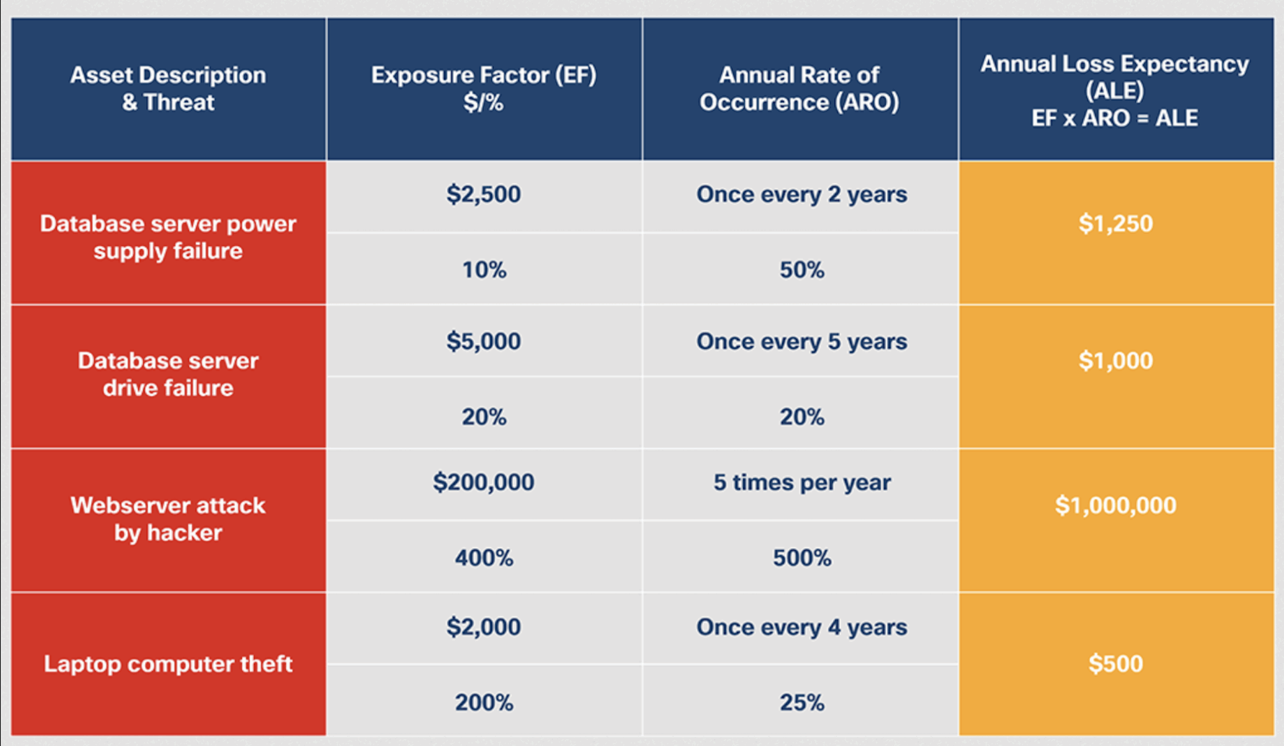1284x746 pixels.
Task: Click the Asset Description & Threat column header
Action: click(168, 88)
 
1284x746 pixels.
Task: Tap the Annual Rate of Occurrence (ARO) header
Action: click(799, 88)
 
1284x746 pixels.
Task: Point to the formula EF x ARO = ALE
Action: click(1115, 118)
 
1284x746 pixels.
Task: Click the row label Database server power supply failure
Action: click(168, 237)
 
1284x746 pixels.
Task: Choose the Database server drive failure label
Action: click(168, 374)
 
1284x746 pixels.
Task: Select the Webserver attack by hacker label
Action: click(168, 519)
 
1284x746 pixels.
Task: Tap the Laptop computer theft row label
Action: click(168, 664)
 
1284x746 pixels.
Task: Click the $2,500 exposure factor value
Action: click(483, 194)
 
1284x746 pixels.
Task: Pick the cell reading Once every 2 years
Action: click(802, 194)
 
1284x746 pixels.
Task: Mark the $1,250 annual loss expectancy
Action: click(1115, 223)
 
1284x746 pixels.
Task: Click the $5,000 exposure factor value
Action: click(483, 341)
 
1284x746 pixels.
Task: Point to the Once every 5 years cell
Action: click(802, 342)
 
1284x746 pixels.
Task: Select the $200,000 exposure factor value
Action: click(483, 482)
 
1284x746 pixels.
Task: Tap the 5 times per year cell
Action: click(802, 482)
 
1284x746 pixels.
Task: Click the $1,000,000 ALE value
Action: click(1115, 505)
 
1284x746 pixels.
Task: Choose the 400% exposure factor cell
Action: click(484, 558)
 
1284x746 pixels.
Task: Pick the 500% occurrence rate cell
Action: click(802, 558)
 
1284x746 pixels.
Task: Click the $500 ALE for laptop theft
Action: click(1115, 664)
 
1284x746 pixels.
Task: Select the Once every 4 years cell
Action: click(802, 627)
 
